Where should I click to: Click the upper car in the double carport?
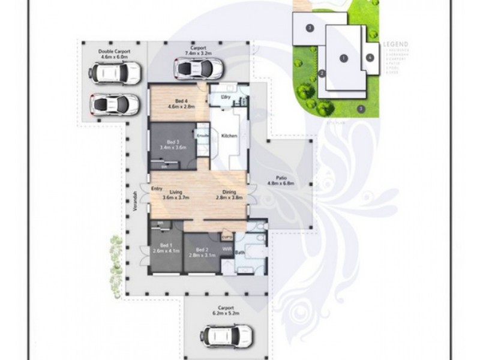pyautogui.click(x=115, y=74)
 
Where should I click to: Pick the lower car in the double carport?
pyautogui.click(x=115, y=105)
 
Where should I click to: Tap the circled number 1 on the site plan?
pyautogui.click(x=343, y=58)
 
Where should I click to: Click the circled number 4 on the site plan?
pyautogui.click(x=370, y=58)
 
